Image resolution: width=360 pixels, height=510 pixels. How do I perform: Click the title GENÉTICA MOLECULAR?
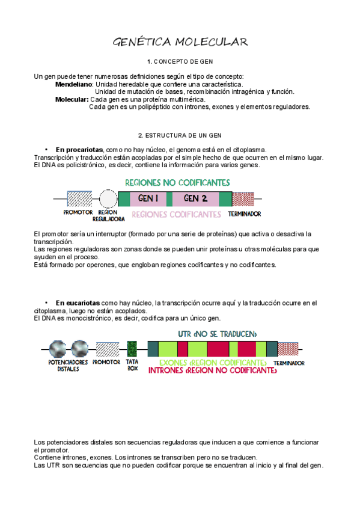[x=180, y=42]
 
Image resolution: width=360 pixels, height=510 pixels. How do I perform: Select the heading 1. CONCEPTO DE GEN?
[x=180, y=61]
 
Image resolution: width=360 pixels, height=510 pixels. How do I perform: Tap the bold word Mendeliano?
[x=74, y=84]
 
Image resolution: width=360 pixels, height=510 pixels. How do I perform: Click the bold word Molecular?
[x=72, y=99]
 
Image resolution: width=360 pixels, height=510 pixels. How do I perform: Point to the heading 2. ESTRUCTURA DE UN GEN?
[x=180, y=135]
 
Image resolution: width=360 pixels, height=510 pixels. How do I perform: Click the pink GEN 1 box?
[x=148, y=198]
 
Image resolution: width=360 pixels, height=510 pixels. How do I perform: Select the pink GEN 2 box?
[x=195, y=198]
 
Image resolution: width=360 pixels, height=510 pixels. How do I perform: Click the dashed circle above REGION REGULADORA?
[x=108, y=198]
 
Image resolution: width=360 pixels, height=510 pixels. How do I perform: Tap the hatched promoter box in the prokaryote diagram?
[x=79, y=198]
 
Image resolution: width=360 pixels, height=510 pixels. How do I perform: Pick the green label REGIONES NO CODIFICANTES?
[x=178, y=183]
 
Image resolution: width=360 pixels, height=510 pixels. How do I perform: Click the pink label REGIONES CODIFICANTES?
[x=177, y=214]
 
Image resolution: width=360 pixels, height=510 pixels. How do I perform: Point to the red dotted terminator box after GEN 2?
[x=243, y=198]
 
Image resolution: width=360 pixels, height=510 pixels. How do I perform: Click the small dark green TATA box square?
[x=132, y=349]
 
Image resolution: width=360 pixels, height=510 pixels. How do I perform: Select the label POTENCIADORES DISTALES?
[x=69, y=366]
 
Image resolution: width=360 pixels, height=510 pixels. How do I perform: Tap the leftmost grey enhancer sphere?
[x=58, y=349]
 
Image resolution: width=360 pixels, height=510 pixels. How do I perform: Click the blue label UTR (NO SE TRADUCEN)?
[x=218, y=334]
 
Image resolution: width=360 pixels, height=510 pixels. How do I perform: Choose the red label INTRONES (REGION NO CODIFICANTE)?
[x=213, y=370]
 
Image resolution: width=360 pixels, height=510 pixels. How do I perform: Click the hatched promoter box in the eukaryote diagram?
[x=108, y=349]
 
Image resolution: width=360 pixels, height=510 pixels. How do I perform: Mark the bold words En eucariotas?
[x=78, y=303]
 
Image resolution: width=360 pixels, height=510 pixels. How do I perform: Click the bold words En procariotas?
[x=79, y=150]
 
